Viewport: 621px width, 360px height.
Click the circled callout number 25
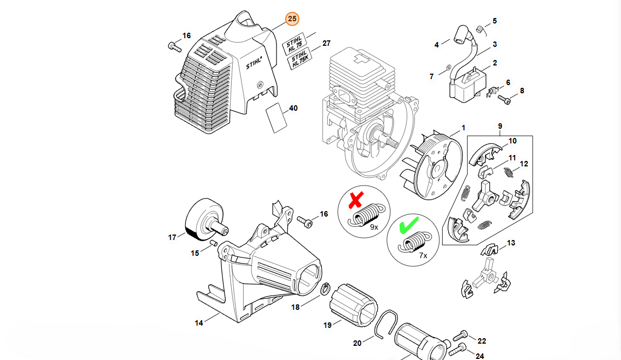coord(293,19)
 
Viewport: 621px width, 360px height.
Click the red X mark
coord(355,200)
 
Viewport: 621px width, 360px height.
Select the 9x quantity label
coord(374,226)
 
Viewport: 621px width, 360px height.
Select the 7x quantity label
coord(423,255)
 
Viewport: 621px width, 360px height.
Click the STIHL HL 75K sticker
coord(299,60)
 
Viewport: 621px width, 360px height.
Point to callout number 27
coord(327,43)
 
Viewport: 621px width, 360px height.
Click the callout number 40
coord(293,109)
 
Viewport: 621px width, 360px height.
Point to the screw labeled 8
coord(505,100)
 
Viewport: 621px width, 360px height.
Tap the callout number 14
coord(199,323)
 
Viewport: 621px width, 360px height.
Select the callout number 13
coord(511,243)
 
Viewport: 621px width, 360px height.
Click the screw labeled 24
coord(459,346)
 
